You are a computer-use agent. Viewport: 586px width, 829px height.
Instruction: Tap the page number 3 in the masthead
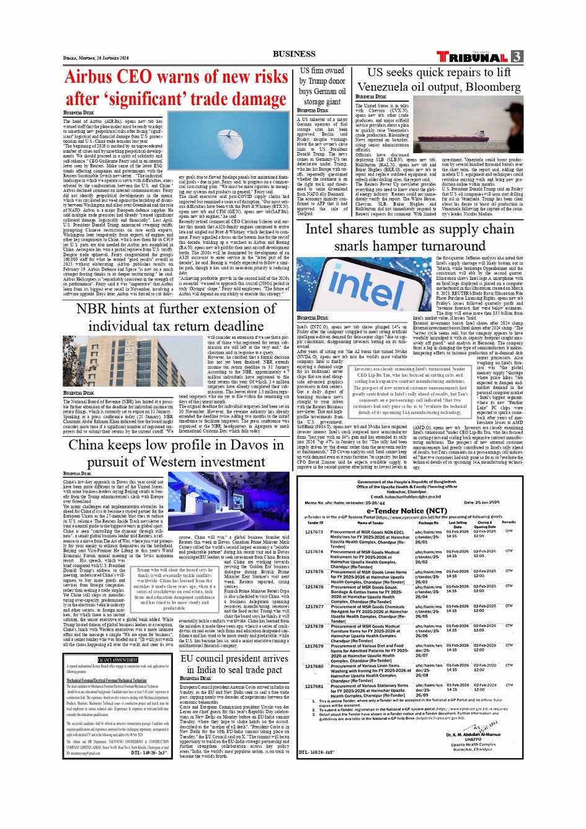click(517, 56)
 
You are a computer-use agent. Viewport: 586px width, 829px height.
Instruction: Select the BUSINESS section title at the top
click(294, 54)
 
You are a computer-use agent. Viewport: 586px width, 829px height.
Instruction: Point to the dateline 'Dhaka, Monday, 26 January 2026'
click(95, 58)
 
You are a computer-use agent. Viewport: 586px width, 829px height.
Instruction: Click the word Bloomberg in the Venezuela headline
click(493, 87)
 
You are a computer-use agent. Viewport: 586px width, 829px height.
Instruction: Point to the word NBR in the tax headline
click(92, 309)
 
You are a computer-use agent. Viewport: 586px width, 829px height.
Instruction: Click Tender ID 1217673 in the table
click(314, 532)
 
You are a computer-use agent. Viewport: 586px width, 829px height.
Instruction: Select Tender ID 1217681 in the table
click(314, 686)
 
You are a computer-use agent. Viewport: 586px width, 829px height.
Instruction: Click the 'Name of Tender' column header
click(370, 523)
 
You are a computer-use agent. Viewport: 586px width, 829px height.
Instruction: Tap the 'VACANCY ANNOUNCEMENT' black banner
click(118, 660)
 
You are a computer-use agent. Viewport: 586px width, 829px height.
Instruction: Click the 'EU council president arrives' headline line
click(234, 658)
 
